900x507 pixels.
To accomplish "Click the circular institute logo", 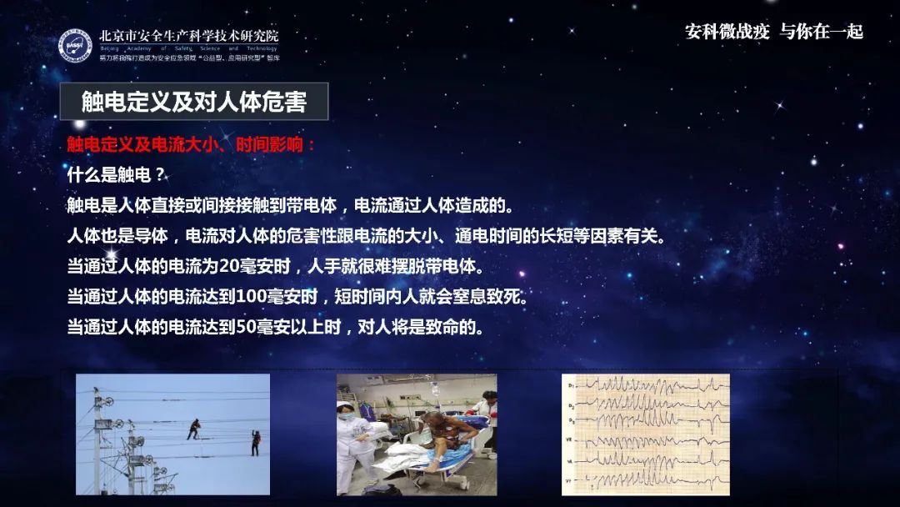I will coord(75,45).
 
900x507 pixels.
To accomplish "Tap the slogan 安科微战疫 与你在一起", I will coord(773,32).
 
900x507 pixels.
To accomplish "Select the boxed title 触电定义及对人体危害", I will coord(193,102).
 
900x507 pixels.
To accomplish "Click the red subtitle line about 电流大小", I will coord(192,144).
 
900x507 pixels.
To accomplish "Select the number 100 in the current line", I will coord(250,297).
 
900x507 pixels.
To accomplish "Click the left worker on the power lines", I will coord(193,429).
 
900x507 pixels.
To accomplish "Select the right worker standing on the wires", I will coord(256,442).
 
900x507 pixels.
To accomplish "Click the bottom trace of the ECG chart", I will coord(646,479).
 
